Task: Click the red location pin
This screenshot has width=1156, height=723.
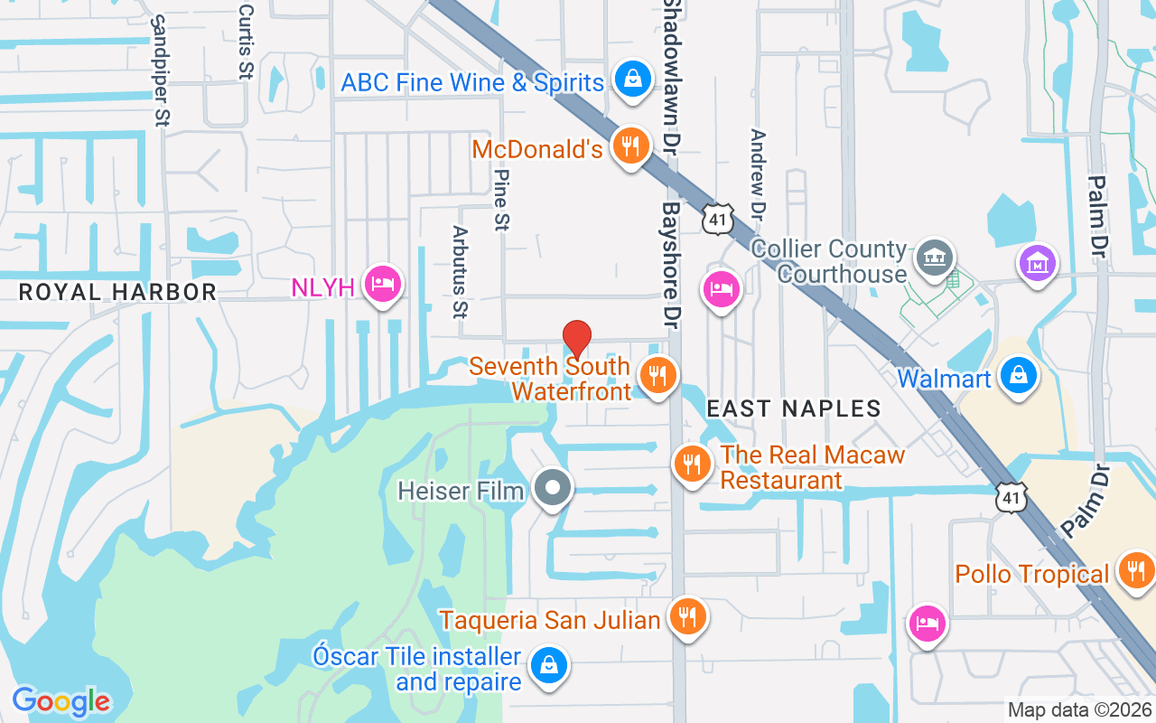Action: (577, 338)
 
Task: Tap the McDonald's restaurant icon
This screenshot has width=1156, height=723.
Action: (630, 145)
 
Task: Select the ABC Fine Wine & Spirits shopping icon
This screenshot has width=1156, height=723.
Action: (633, 79)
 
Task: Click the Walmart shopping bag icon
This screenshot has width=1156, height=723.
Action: (1018, 374)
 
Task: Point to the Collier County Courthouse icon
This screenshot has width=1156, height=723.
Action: (934, 258)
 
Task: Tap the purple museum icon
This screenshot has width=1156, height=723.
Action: (1038, 263)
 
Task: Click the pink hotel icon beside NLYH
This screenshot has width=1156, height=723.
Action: (383, 284)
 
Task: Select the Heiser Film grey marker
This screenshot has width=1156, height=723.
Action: (553, 489)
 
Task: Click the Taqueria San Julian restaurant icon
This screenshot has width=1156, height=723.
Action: (688, 616)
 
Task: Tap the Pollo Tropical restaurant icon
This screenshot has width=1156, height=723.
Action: (1135, 570)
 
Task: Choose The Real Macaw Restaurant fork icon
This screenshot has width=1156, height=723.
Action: (693, 464)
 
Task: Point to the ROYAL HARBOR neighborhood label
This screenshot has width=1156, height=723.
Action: (117, 292)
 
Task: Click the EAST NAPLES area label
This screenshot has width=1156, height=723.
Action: (793, 408)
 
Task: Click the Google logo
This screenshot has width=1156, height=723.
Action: (61, 701)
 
